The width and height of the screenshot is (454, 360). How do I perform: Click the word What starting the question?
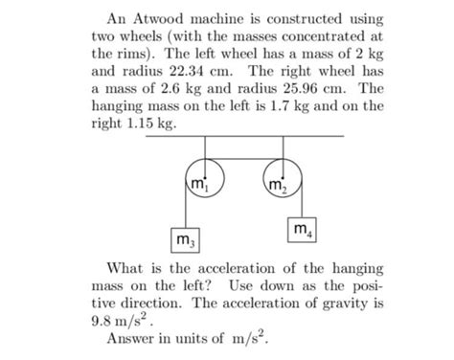coord(126,269)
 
